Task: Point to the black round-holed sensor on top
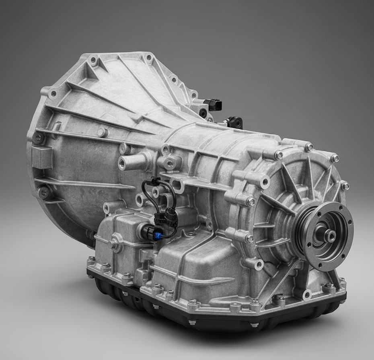point(235,122)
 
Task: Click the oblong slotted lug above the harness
point(177,186)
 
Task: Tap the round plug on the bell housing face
point(103,132)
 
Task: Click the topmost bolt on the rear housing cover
point(308,147)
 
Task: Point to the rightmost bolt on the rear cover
point(345,186)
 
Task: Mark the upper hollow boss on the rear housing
point(264,182)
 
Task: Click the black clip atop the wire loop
point(152,181)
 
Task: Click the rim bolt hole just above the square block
point(38,138)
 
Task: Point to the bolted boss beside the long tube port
point(170,163)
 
